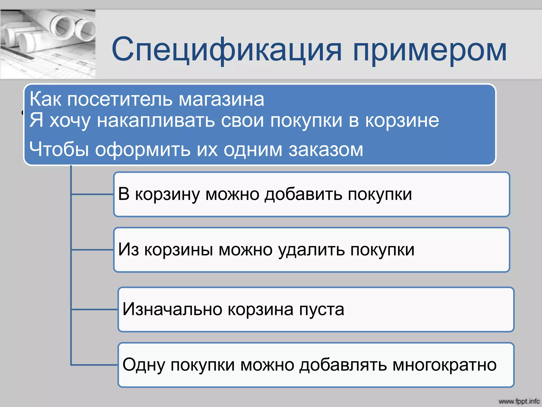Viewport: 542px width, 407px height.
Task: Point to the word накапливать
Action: (x=156, y=121)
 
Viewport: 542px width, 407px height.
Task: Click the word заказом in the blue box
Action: (x=326, y=150)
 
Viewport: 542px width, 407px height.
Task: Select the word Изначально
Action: (x=172, y=309)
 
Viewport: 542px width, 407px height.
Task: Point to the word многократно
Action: (x=444, y=365)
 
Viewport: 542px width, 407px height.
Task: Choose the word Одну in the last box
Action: (x=143, y=365)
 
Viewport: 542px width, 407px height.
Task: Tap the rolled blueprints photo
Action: (x=48, y=44)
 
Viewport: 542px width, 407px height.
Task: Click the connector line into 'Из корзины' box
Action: (x=93, y=250)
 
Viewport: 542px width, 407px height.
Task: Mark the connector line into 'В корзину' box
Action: (x=93, y=194)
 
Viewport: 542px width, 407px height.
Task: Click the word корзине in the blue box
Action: (x=402, y=121)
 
